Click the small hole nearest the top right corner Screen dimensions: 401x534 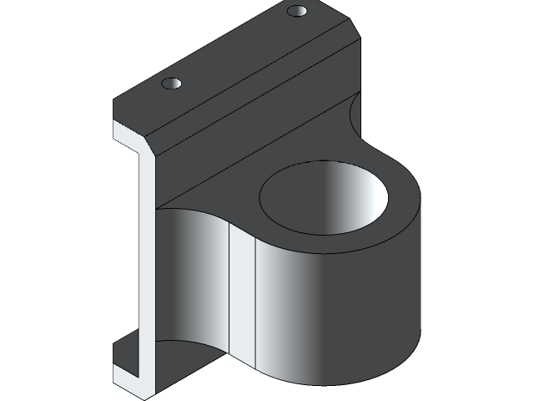(x=297, y=12)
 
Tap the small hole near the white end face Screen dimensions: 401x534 (x=171, y=84)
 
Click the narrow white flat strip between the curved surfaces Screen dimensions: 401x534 (x=241, y=301)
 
